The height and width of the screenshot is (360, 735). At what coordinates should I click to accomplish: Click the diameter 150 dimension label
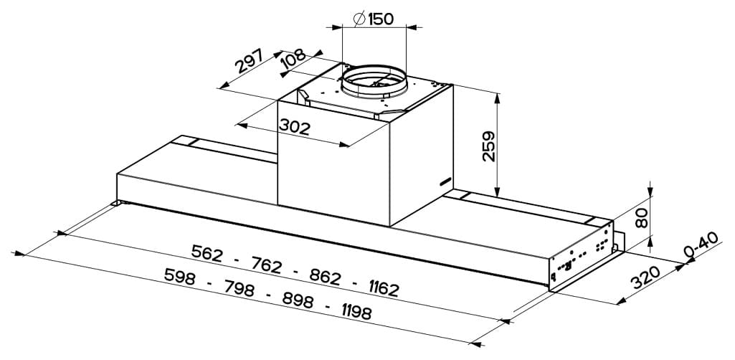(373, 19)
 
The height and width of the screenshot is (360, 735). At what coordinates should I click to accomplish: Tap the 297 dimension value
(249, 61)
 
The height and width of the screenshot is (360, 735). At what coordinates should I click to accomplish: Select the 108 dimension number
(293, 60)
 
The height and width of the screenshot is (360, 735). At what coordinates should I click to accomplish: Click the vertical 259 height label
(489, 146)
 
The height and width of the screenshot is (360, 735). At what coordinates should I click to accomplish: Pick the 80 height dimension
(642, 218)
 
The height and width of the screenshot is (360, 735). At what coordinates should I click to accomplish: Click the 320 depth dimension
(645, 278)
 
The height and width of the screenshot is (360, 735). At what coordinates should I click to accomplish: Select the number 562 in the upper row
(207, 253)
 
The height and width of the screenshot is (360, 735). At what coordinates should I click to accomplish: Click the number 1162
(384, 288)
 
